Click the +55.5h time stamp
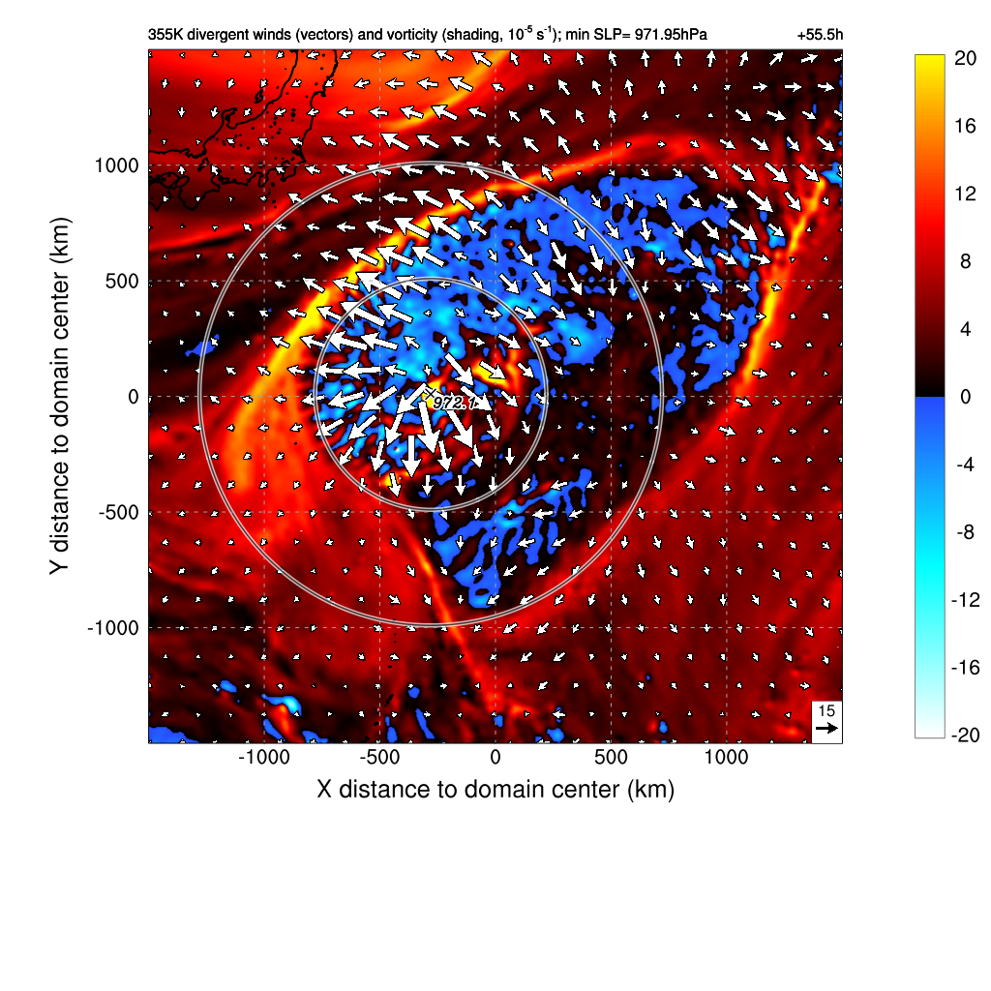820,35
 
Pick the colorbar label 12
963,194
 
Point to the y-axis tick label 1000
116,165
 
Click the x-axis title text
495,789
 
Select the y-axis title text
61,397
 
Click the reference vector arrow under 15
826,728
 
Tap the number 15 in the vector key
826,710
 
